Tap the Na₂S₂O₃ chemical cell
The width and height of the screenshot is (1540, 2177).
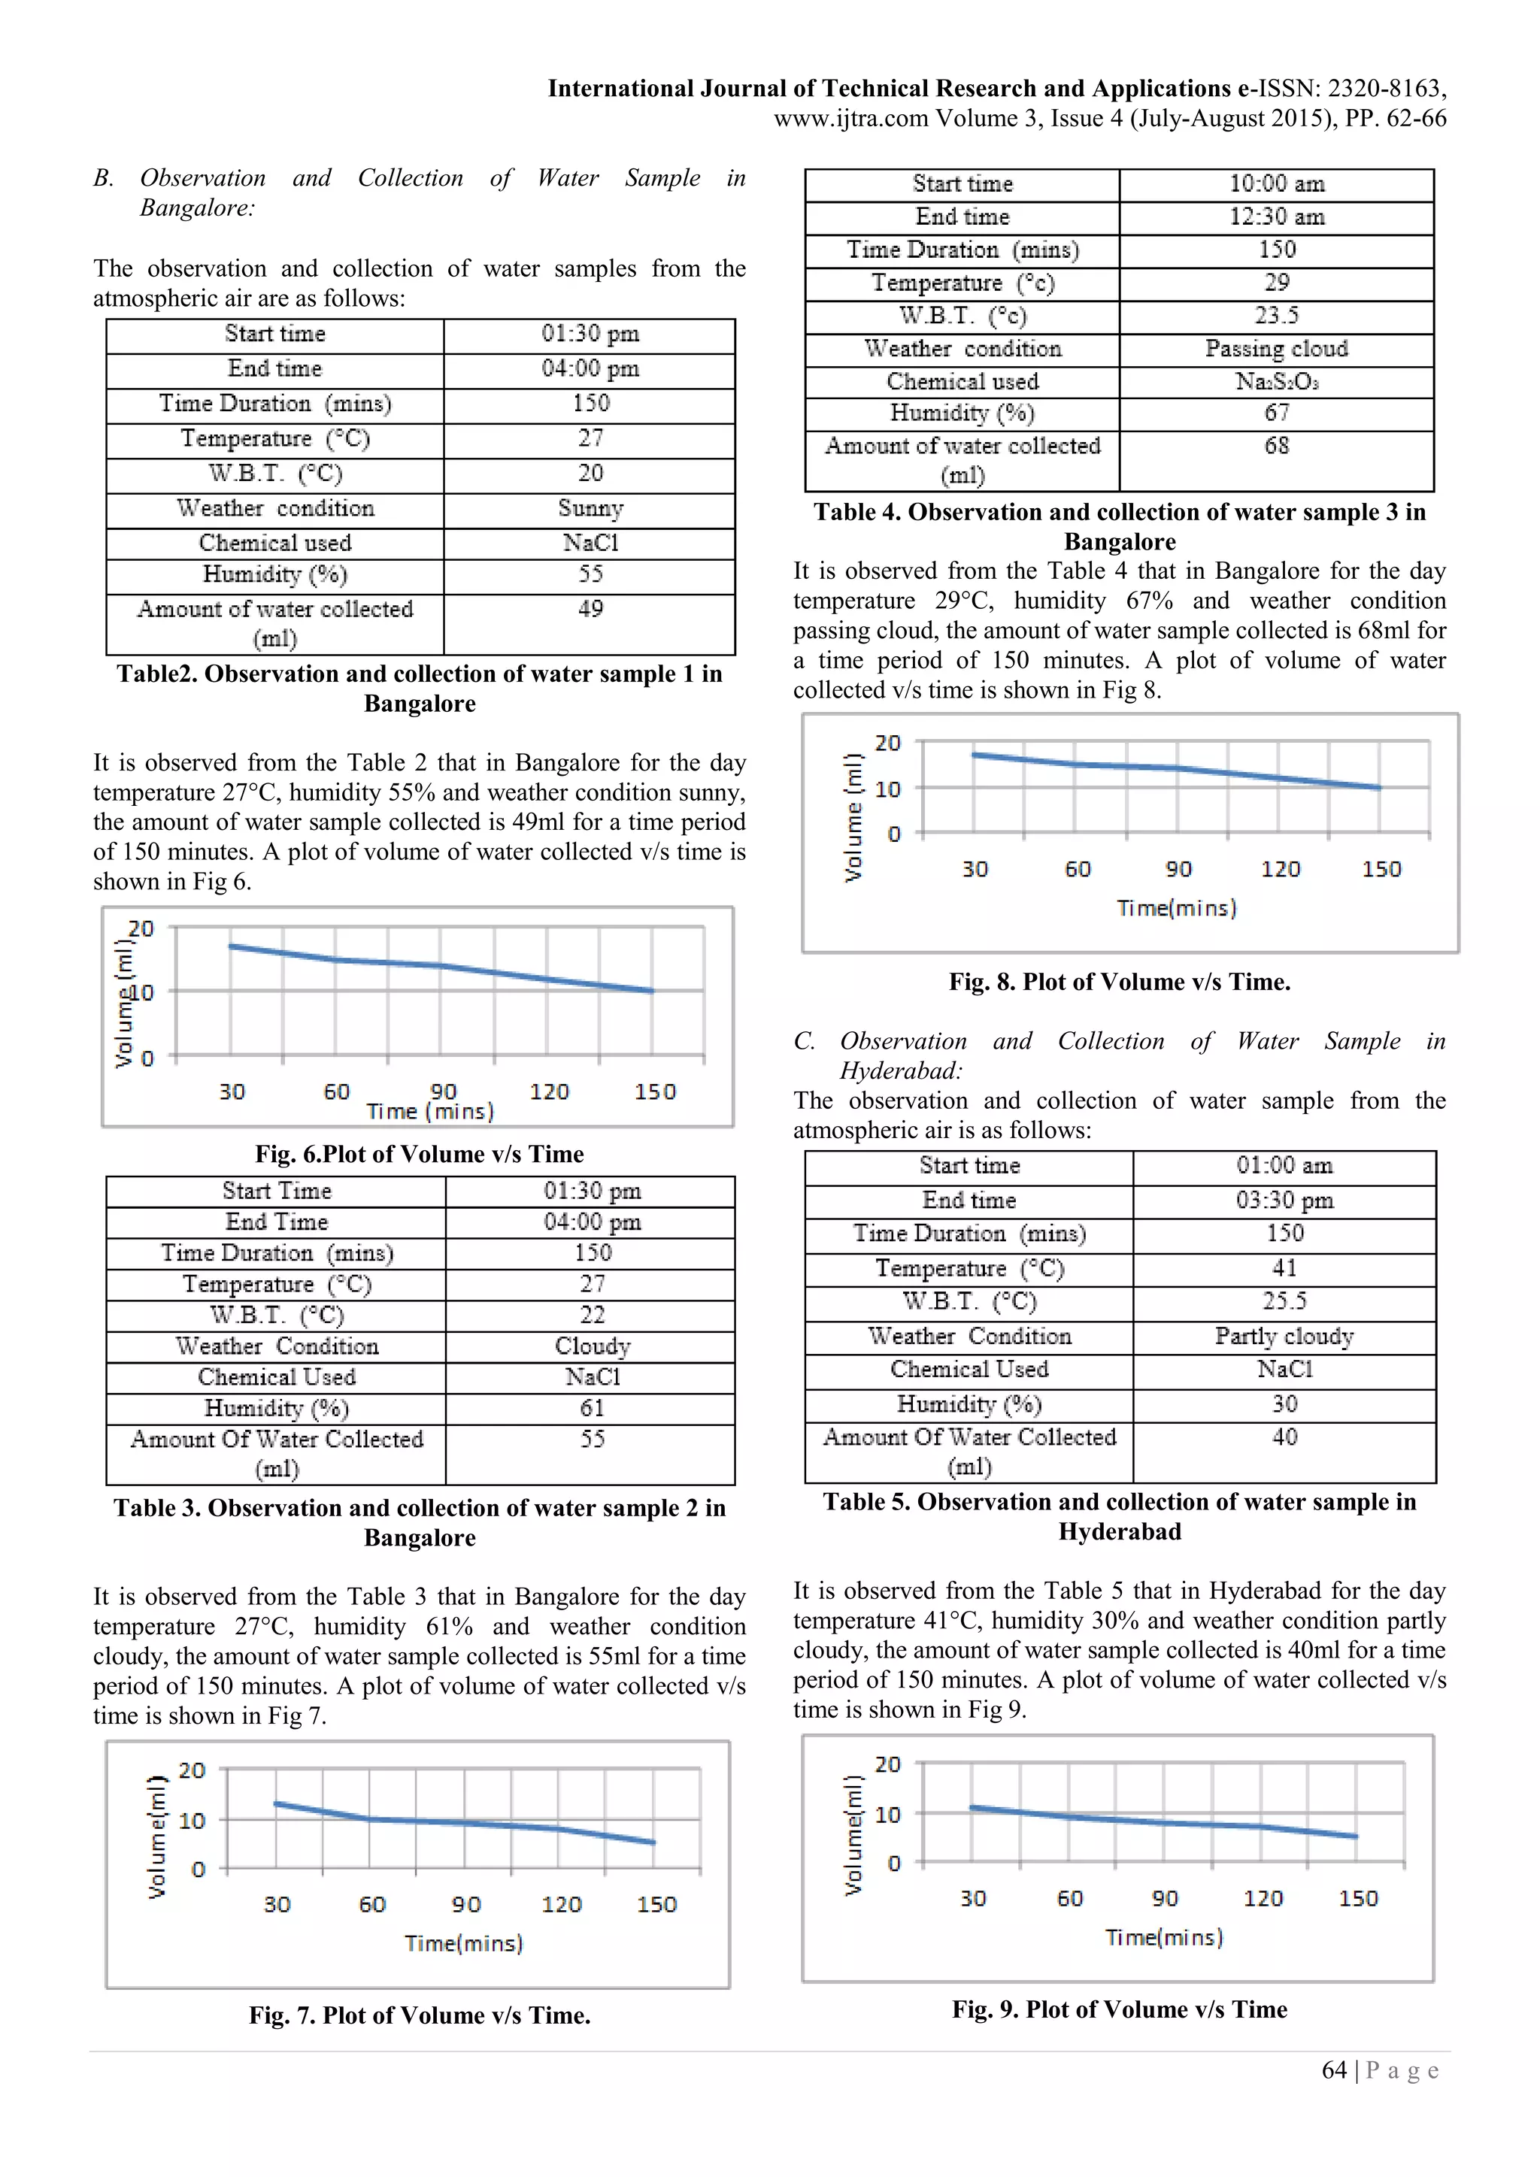1276,381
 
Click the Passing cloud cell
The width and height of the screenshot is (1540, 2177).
1276,349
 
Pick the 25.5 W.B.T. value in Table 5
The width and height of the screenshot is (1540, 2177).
1284,1301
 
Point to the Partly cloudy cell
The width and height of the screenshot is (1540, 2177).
1284,1336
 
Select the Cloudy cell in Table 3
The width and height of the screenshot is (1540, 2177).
592,1346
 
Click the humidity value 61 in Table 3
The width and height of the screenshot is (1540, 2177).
592,1408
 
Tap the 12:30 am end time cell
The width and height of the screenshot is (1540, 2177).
1276,217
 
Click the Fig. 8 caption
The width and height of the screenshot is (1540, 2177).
1119,983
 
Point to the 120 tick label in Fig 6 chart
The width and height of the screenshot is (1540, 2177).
549,1092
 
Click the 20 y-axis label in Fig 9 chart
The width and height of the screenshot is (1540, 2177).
887,1764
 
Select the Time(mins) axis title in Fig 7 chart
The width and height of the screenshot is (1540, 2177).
464,1944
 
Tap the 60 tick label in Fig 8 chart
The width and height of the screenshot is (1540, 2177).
1078,870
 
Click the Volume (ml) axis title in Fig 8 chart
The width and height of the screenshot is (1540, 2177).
853,817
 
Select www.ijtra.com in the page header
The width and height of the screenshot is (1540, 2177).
850,119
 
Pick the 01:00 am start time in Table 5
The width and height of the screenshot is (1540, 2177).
1284,1165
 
